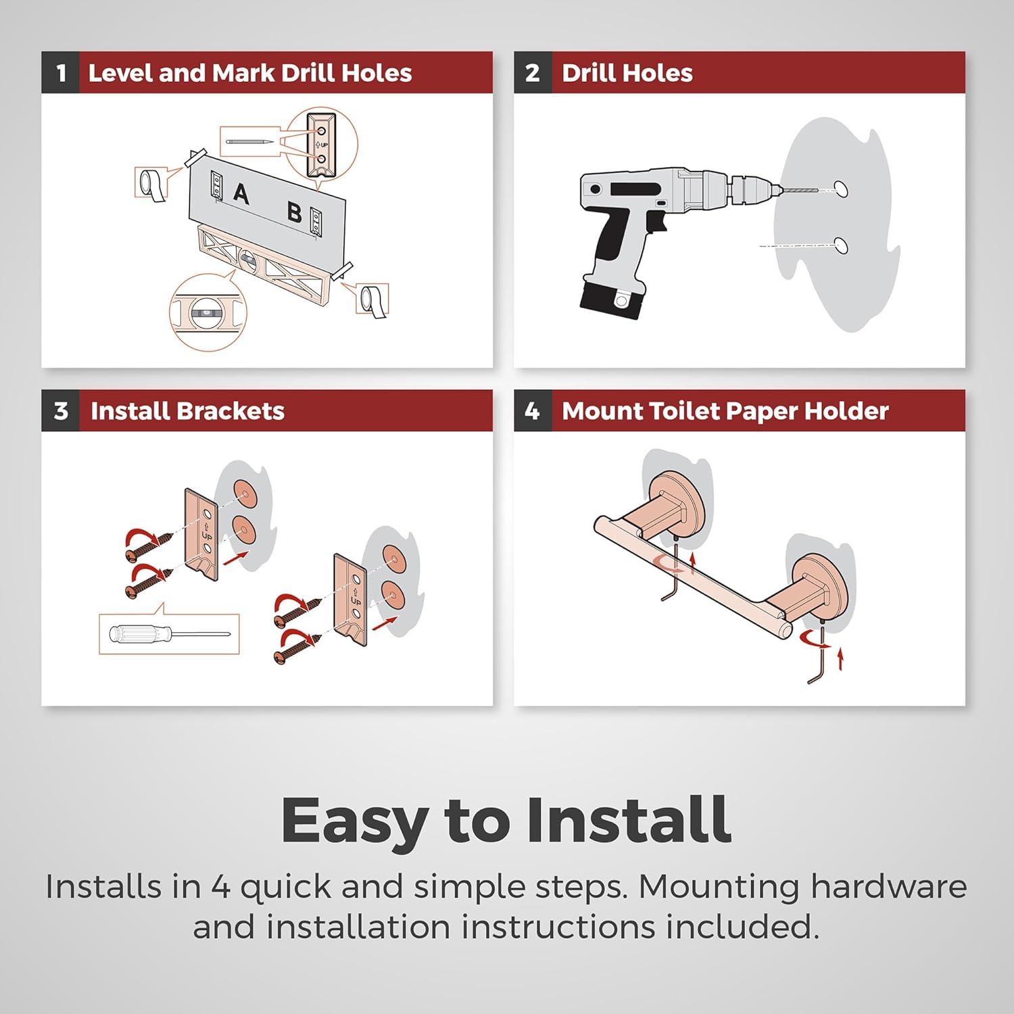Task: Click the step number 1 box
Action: tap(60, 72)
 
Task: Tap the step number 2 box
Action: tap(532, 72)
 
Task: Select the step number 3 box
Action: tap(60, 410)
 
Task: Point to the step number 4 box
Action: tap(532, 410)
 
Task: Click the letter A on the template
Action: tap(241, 194)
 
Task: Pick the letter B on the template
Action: tap(294, 212)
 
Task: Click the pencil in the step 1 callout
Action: tap(250, 142)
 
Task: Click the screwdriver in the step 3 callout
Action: tap(170, 634)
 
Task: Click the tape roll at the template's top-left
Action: tap(148, 183)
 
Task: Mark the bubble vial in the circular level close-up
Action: tap(208, 314)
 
